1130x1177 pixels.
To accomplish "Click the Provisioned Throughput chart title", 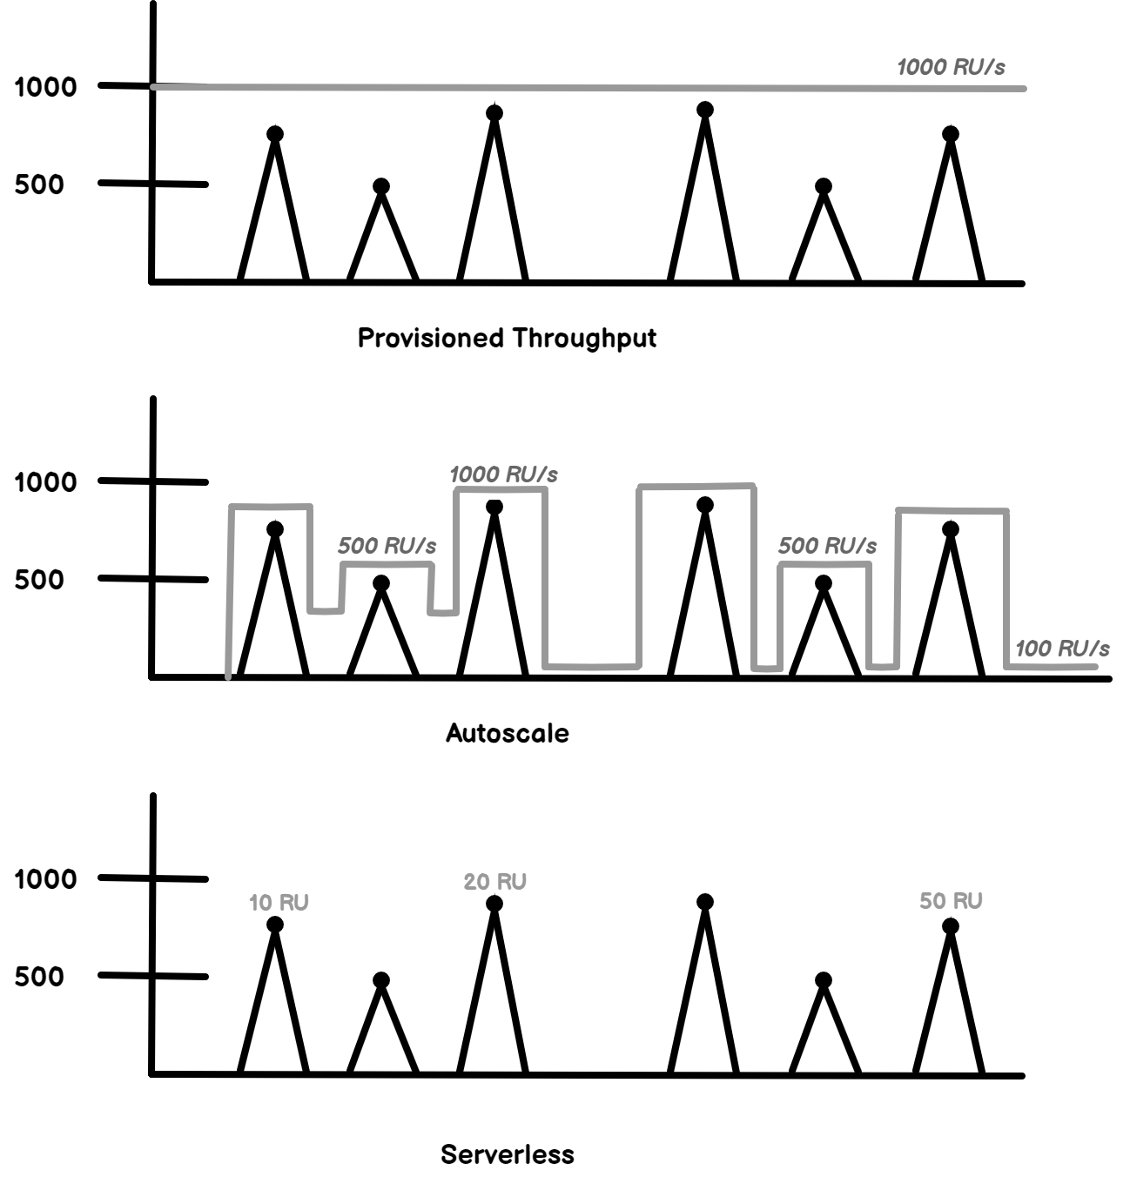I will pyautogui.click(x=507, y=338).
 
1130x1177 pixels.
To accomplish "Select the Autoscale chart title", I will pyautogui.click(x=507, y=733).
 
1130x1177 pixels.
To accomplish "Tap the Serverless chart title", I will pyautogui.click(x=507, y=1154).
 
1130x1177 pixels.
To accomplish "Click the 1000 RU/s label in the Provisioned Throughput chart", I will pyautogui.click(x=951, y=67).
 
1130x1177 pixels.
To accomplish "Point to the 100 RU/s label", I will pyautogui.click(x=1062, y=649).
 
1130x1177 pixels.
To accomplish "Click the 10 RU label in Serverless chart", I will pyautogui.click(x=279, y=903).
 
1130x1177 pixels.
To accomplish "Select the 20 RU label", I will pyautogui.click(x=494, y=882).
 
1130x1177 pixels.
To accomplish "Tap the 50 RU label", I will pyautogui.click(x=951, y=901).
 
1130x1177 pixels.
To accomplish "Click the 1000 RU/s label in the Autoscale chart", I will pyautogui.click(x=503, y=474).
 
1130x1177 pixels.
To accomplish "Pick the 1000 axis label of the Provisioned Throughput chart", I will pyautogui.click(x=45, y=87).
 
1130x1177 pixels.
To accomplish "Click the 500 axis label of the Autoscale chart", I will pyautogui.click(x=39, y=579).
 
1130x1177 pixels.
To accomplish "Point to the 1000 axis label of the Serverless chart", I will pyautogui.click(x=45, y=879).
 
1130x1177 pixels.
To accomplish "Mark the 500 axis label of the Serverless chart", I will pyautogui.click(x=39, y=976).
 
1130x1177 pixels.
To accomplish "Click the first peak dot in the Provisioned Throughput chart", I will pyautogui.click(x=275, y=133).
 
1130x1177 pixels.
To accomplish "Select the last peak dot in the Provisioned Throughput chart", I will pyautogui.click(x=951, y=133).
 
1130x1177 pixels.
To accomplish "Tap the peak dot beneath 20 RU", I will pyautogui.click(x=494, y=904).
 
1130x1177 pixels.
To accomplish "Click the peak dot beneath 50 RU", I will pyautogui.click(x=951, y=925).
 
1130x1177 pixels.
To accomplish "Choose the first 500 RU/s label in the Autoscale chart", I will pyautogui.click(x=387, y=546).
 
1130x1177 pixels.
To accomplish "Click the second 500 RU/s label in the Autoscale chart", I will pyautogui.click(x=827, y=546).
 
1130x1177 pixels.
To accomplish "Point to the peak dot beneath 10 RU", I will pyautogui.click(x=275, y=925).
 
